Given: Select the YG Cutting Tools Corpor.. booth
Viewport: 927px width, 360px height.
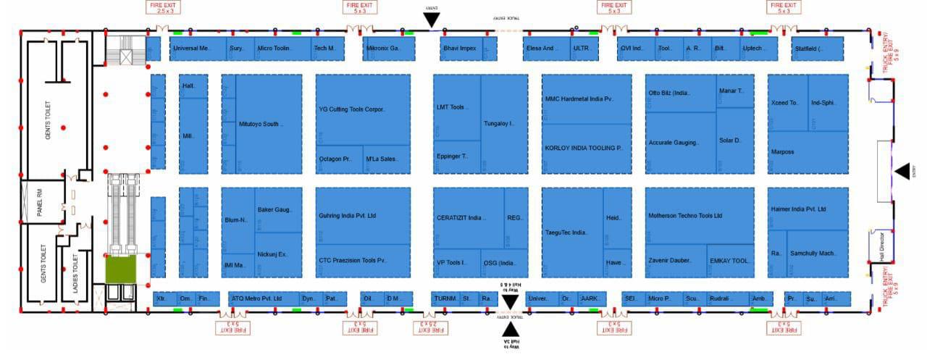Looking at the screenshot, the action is (x=362, y=109).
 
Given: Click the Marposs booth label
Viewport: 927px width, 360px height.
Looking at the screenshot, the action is (x=784, y=152).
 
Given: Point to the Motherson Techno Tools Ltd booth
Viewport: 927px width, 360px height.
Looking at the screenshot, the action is (x=685, y=216).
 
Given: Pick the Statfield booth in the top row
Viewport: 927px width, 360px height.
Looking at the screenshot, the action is (x=818, y=49).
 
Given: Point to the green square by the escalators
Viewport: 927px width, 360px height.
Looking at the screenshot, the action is (x=121, y=268).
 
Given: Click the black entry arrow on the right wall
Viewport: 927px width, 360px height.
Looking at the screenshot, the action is (x=902, y=171).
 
